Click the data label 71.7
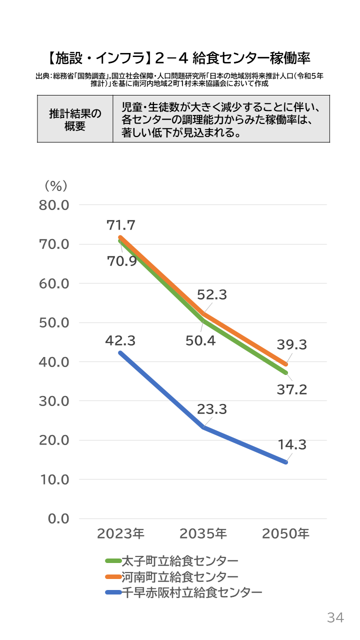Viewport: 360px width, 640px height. (121, 225)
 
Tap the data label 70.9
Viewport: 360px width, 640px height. (122, 261)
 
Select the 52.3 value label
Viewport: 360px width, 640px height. (211, 295)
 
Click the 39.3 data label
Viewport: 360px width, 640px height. (292, 344)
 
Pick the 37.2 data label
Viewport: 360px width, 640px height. (292, 389)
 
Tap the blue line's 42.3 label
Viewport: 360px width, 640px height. (120, 341)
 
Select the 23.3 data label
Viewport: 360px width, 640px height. (211, 409)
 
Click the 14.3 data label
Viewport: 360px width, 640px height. (292, 444)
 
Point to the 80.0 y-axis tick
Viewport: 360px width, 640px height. (55, 205)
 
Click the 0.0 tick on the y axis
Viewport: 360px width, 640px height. (58, 518)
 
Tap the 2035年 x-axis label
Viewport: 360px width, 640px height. (203, 533)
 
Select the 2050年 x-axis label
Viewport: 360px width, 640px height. (285, 533)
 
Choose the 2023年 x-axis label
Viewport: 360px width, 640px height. (120, 533)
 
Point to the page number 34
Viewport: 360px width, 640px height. (335, 617)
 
